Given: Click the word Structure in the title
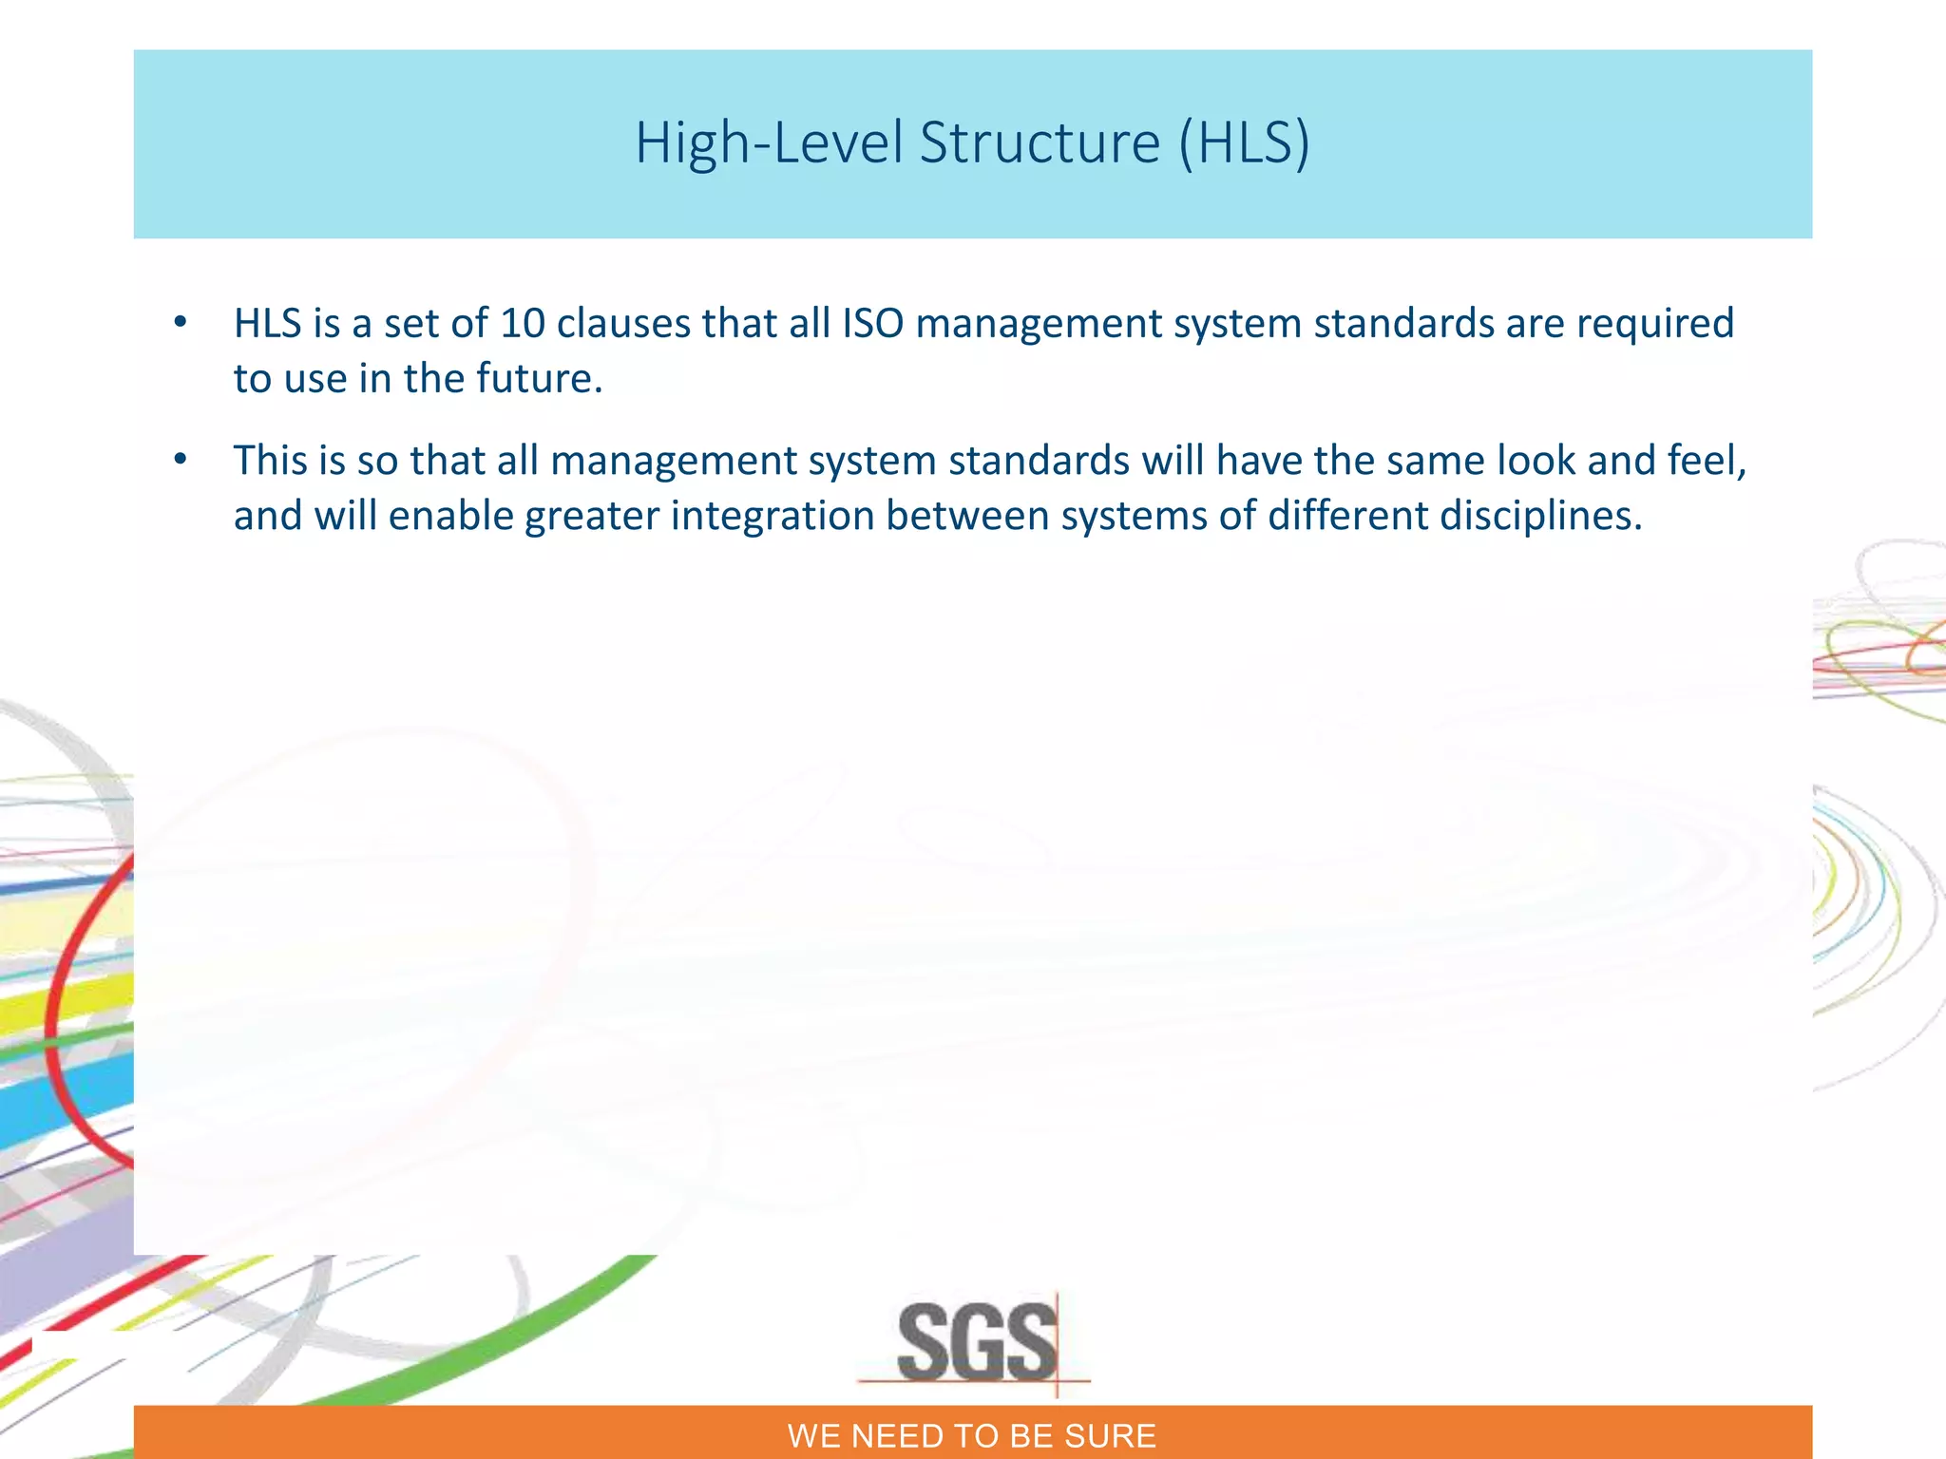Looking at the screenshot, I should (x=1040, y=143).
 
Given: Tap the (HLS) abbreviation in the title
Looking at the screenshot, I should (x=1244, y=143).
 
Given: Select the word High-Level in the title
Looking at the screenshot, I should (x=769, y=143).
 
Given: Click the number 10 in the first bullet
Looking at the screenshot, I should (x=523, y=324).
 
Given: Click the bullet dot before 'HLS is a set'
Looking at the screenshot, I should (x=181, y=323).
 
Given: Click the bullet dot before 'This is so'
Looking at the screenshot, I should (x=181, y=461).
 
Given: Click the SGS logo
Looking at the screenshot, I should (x=976, y=1342).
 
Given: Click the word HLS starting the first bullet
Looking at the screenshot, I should (x=267, y=324).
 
